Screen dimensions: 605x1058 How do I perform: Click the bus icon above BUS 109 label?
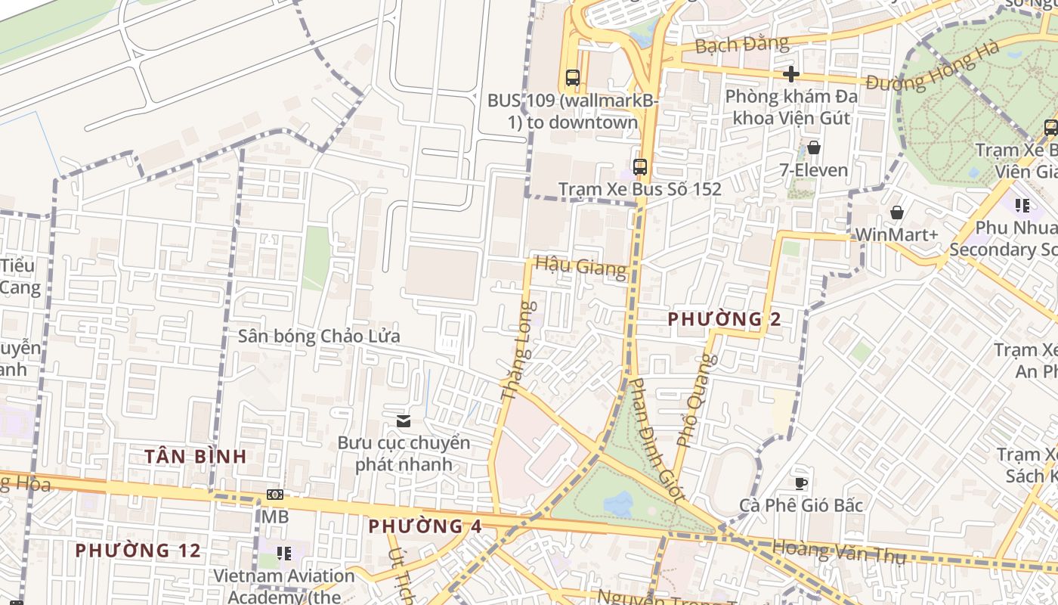[572, 77]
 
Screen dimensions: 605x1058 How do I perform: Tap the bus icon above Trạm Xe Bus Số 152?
[640, 166]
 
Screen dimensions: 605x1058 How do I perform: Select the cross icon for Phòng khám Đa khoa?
[790, 74]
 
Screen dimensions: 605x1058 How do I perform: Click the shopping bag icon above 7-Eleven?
[814, 147]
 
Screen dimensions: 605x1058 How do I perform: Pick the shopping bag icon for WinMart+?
[896, 213]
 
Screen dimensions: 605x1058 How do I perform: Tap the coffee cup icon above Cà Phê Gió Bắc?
[801, 482]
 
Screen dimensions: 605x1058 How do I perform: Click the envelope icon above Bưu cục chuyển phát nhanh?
[404, 420]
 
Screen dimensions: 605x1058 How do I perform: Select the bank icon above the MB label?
[275, 495]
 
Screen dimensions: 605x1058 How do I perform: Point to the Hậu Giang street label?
[580, 267]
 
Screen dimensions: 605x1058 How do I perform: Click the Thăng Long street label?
[518, 351]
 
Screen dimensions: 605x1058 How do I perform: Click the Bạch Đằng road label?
[741, 45]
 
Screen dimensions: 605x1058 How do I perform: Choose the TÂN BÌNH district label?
[196, 456]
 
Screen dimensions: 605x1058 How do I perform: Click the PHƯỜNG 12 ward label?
[138, 551]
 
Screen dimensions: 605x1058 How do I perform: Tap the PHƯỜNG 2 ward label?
[724, 319]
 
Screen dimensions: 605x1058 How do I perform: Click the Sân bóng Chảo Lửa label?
[319, 337]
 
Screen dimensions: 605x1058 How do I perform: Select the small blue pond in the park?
[618, 503]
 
